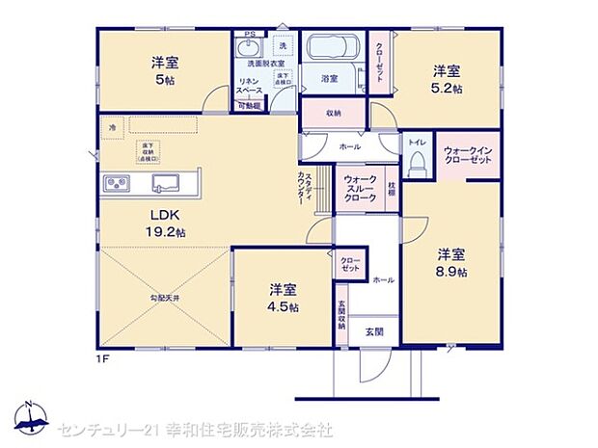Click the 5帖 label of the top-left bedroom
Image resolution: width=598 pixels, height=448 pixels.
164,80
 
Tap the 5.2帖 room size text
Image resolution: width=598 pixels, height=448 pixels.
446,88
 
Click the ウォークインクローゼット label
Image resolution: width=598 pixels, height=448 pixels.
468,155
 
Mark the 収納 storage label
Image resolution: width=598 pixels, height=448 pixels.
333,113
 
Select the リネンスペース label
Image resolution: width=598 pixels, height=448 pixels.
254,87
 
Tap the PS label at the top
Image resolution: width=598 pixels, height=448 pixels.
250,35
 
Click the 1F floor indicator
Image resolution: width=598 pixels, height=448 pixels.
102,359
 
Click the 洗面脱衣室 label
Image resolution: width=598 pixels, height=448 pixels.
266,65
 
